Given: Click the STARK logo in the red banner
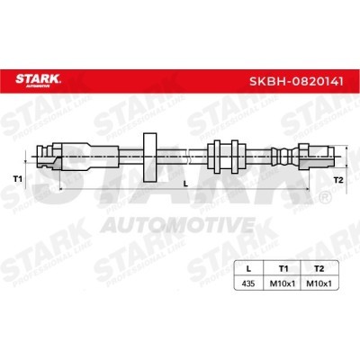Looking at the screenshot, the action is pos(38,80).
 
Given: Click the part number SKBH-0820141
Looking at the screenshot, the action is pos(296,81).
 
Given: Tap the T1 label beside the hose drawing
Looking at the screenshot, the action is pos(17,179).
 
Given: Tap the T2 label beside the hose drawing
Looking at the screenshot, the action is pos(338,180).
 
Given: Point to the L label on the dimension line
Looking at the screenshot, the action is pos(185,184).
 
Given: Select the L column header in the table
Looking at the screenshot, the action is pos(248,269).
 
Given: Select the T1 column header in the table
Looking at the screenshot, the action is pos(283,269).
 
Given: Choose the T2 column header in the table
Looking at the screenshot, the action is pos(319,269).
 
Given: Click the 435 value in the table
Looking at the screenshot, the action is pos(248,283).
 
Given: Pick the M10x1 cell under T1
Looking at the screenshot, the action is pos(282,283).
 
